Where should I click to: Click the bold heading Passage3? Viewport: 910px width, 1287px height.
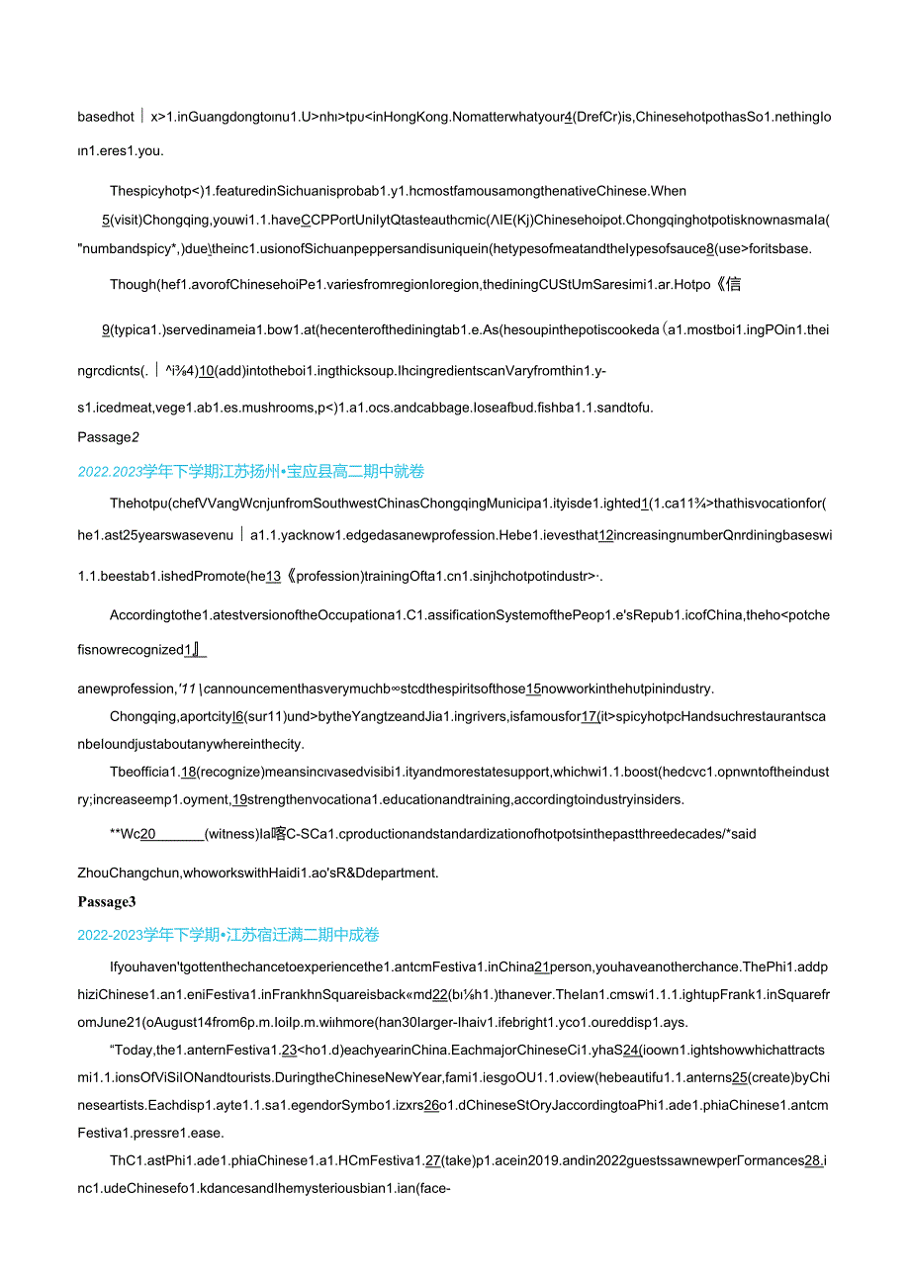107,901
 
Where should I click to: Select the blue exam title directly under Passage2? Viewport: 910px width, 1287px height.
251,472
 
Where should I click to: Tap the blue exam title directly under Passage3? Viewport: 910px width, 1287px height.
228,935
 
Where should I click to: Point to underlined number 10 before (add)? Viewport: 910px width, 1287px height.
207,371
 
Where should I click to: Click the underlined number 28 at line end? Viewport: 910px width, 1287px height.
812,1160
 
